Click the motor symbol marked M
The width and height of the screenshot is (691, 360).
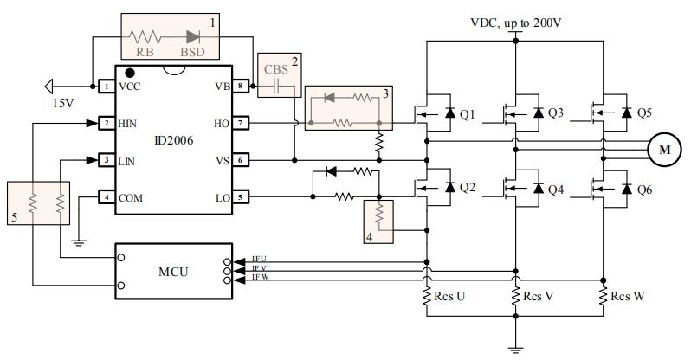(x=665, y=150)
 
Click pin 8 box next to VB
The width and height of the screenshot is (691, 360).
(x=242, y=87)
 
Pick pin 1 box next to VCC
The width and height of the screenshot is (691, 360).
(x=105, y=87)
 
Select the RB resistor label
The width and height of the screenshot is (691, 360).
(x=146, y=52)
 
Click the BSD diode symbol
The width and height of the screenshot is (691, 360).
(x=193, y=37)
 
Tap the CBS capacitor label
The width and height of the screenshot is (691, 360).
(x=275, y=68)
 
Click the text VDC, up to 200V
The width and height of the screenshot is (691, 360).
(x=516, y=22)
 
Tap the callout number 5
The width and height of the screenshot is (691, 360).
(x=13, y=217)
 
